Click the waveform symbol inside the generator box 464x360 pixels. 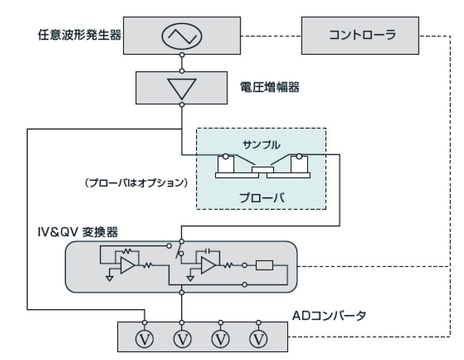coord(182,36)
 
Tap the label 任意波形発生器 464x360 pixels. coord(79,35)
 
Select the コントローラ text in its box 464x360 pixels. coord(362,35)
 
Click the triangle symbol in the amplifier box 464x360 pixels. coord(182,89)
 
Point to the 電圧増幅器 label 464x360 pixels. coord(270,87)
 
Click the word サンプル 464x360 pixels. coord(261,145)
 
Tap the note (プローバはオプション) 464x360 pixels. coord(137,182)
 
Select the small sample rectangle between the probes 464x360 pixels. coord(263,170)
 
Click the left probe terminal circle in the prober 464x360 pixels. coord(226,156)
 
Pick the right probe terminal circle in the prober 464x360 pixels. coord(299,156)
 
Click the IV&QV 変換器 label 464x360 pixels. coord(78,232)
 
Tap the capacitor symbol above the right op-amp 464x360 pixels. coord(208,251)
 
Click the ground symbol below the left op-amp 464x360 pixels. coord(109,278)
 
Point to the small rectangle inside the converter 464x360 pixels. coord(264,265)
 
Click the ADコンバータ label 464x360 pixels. coord(329,315)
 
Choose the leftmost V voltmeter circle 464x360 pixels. coord(144,339)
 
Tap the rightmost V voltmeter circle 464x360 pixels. coord(259,339)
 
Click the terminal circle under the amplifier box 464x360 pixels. coord(182,105)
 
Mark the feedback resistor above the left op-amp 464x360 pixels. coord(127,252)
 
